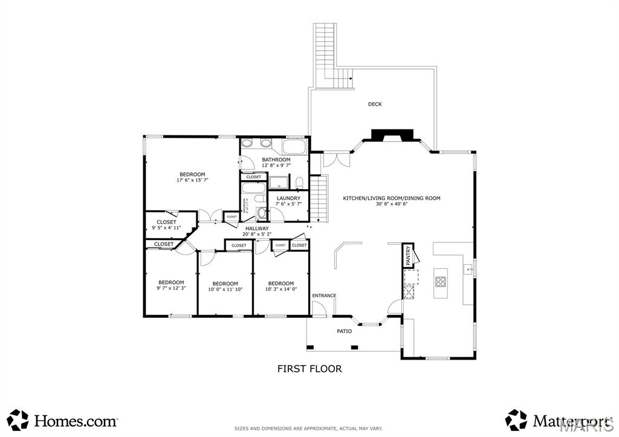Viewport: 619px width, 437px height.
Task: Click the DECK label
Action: (375, 104)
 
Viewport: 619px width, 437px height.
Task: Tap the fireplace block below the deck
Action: (392, 135)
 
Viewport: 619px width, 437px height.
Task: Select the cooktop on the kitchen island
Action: (441, 281)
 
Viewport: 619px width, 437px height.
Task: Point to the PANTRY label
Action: (409, 256)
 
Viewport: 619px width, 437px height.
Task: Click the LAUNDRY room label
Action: (288, 198)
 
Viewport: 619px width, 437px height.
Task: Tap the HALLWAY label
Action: (257, 228)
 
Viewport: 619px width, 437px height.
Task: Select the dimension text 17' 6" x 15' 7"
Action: (192, 180)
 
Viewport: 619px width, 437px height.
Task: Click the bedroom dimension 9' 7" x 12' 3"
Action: (171, 288)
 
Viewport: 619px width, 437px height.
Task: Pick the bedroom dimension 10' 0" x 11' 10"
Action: (223, 290)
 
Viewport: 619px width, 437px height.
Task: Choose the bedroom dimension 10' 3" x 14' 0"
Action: (280, 290)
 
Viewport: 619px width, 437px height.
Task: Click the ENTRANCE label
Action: (324, 296)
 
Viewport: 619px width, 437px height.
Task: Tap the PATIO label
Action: (345, 331)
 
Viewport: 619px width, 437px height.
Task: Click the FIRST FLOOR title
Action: (309, 368)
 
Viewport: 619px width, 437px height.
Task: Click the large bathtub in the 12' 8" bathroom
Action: (294, 146)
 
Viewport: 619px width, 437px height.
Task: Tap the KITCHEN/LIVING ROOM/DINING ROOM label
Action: (392, 198)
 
